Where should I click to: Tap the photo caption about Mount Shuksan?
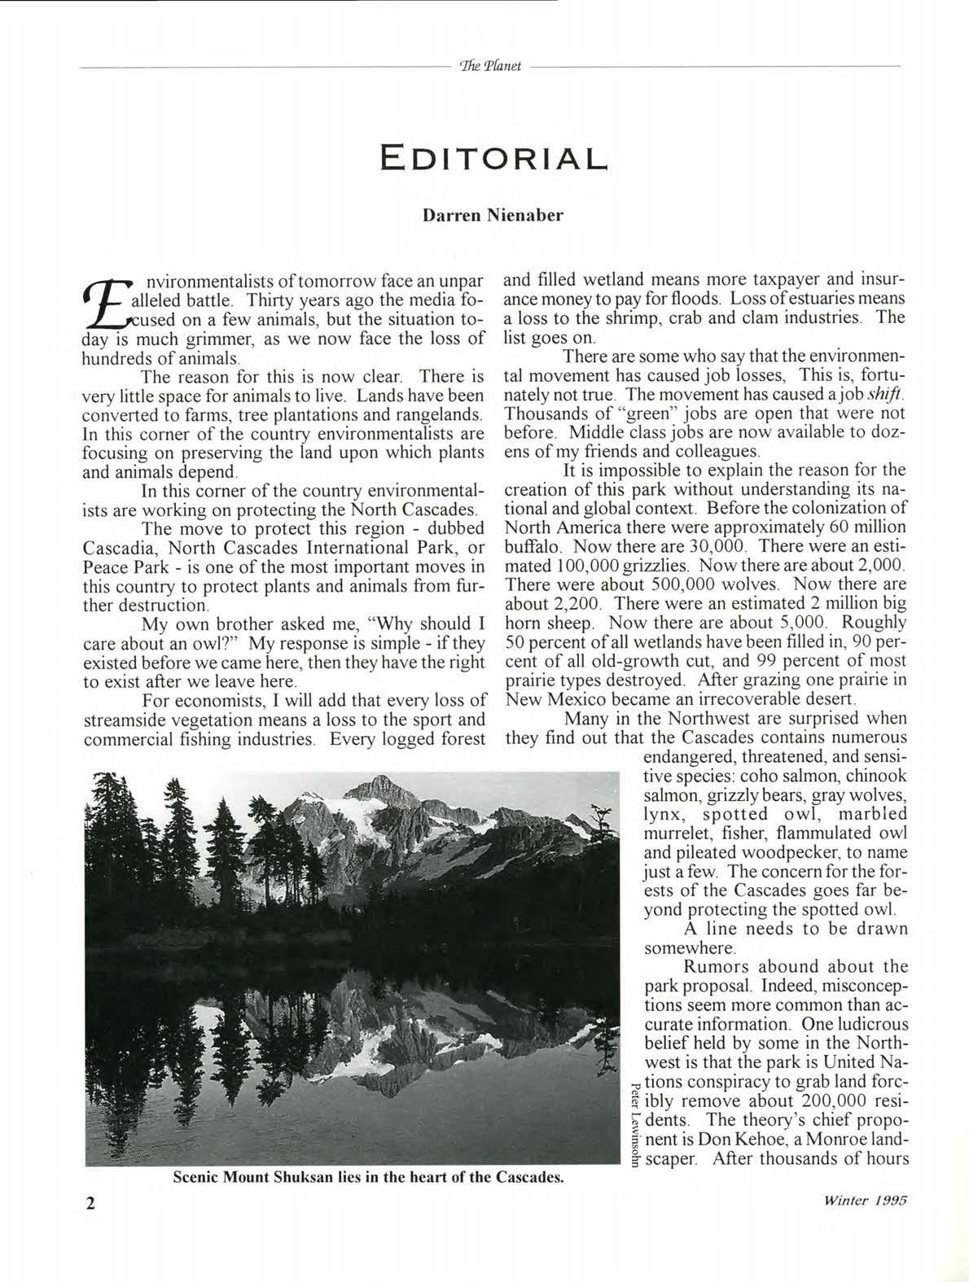369,1178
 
